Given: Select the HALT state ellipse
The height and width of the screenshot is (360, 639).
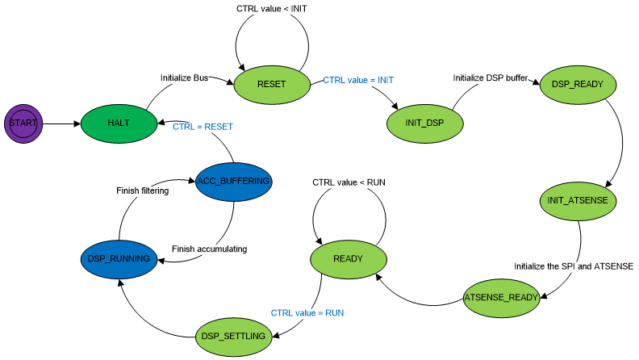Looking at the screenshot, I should coord(119,123).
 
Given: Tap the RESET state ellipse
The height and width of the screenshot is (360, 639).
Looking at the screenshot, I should coord(272,83).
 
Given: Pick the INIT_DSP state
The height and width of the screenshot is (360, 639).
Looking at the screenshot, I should coord(425,123).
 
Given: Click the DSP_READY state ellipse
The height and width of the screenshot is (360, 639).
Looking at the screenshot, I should coord(578,83).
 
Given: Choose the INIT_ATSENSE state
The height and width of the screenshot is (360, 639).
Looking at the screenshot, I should coord(578,199).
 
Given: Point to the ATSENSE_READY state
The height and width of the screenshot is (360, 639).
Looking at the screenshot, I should coord(501,297).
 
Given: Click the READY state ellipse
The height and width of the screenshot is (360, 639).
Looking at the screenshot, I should coord(348,258).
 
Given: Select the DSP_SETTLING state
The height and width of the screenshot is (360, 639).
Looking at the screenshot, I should coord(233,335).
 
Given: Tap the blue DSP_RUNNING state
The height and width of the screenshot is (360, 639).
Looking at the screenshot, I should coord(119,258).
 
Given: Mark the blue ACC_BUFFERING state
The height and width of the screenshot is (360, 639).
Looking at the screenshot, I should coord(234,181).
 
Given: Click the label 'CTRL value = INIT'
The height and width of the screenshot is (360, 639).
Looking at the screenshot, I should coord(358,80).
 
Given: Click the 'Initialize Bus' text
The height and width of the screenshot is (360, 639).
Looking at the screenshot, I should coord(185,77).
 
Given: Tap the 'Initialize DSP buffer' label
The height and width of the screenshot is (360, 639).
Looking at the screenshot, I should coord(490,78).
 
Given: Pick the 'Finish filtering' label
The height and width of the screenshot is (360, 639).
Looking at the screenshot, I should coord(141,190).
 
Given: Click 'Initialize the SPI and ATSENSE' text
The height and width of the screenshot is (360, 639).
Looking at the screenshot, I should coord(574,266).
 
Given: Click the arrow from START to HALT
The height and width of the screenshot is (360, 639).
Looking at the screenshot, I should coord(61,123).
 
